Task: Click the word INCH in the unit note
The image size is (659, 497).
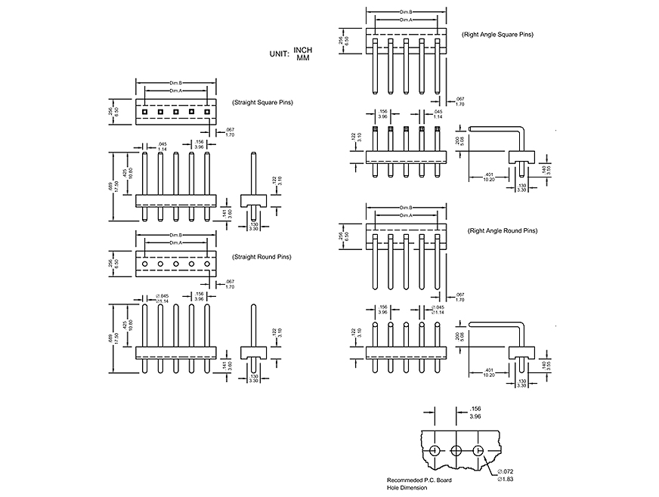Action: tap(302, 51)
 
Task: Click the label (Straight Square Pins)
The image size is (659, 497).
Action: tap(262, 102)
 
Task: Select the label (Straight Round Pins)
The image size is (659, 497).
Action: tap(261, 257)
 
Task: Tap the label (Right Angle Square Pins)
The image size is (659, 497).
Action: tap(497, 35)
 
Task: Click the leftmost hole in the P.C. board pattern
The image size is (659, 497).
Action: tap(435, 450)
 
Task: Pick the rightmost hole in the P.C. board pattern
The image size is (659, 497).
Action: tap(478, 450)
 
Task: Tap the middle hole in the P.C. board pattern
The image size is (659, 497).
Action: tap(456, 450)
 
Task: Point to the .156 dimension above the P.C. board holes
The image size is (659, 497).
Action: tap(474, 409)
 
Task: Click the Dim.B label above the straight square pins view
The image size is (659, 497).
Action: tap(175, 82)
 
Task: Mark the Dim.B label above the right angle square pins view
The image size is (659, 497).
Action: tap(406, 12)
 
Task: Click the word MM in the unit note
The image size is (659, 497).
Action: tap(302, 57)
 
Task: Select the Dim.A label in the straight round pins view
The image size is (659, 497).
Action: tap(175, 242)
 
